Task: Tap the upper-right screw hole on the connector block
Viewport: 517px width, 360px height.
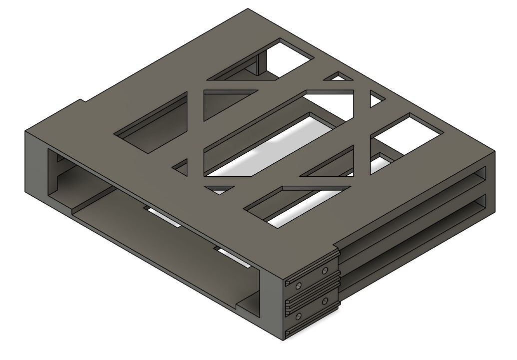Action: tap(325, 271)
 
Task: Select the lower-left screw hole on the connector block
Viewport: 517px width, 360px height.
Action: tap(298, 316)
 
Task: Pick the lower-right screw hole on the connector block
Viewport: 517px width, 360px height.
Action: tap(325, 302)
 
